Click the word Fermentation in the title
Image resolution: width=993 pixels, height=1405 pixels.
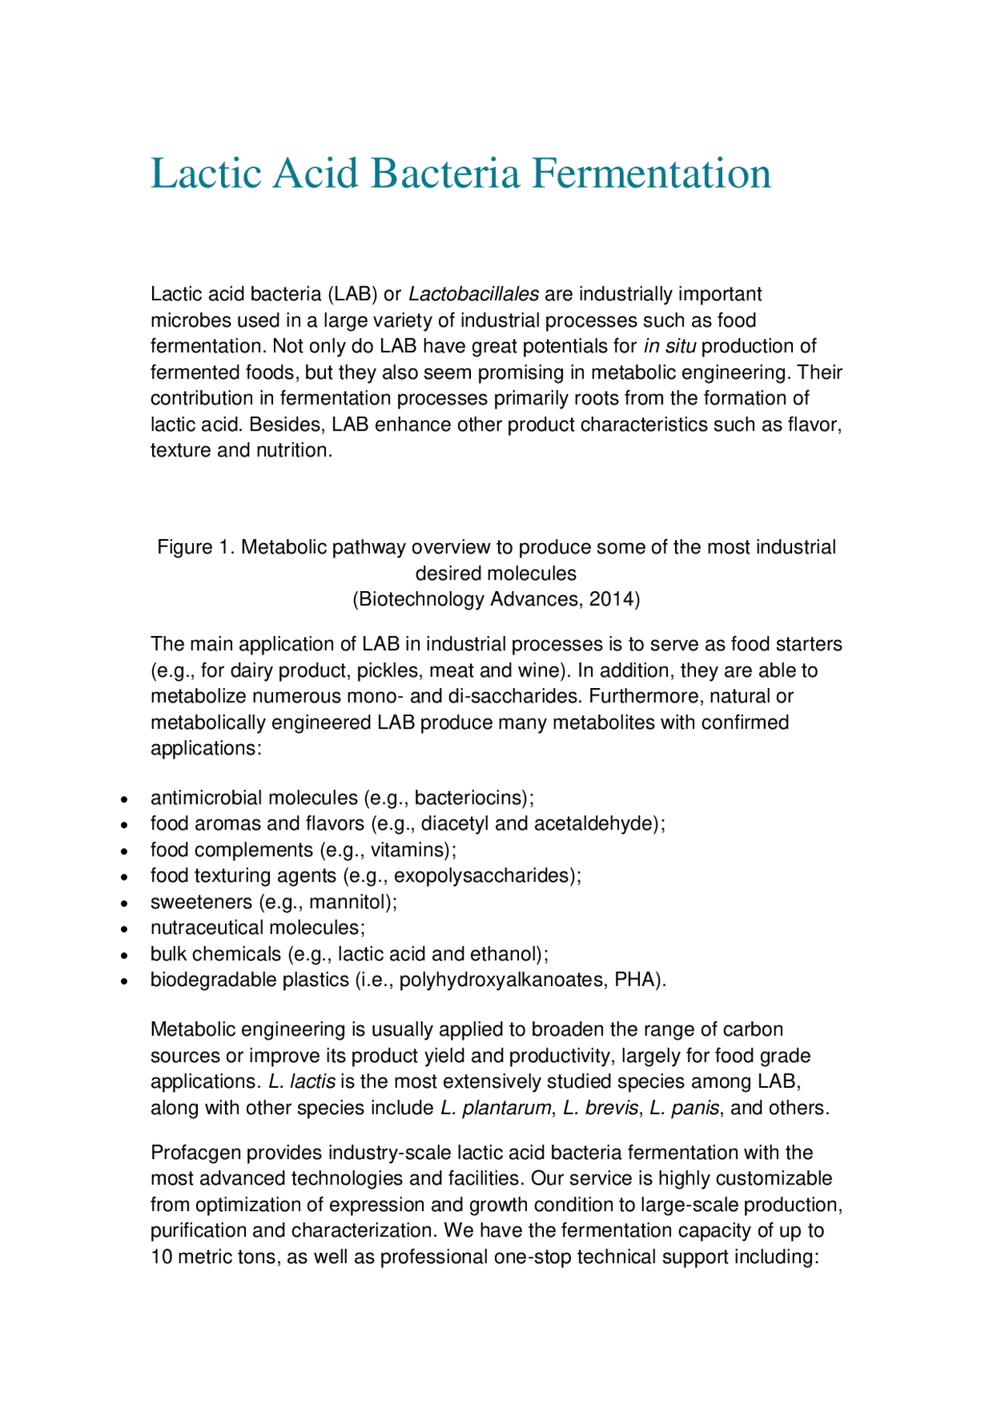coord(651,173)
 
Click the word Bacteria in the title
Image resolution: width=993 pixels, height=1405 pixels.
coord(445,173)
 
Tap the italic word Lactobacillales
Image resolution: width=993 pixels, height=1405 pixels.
coord(473,295)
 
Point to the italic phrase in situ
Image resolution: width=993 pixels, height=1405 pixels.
coord(669,347)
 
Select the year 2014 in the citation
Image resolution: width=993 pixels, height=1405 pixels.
coord(611,600)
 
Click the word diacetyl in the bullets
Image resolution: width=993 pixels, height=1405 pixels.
coord(455,824)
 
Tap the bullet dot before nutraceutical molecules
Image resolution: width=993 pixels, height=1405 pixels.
coord(124,929)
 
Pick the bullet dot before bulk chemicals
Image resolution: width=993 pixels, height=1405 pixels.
coord(124,955)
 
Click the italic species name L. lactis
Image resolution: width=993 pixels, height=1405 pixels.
coord(302,1082)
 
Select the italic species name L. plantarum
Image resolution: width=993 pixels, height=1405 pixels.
coord(495,1109)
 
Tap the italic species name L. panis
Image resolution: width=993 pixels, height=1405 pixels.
coord(684,1109)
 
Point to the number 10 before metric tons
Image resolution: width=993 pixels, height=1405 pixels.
coord(161,1258)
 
